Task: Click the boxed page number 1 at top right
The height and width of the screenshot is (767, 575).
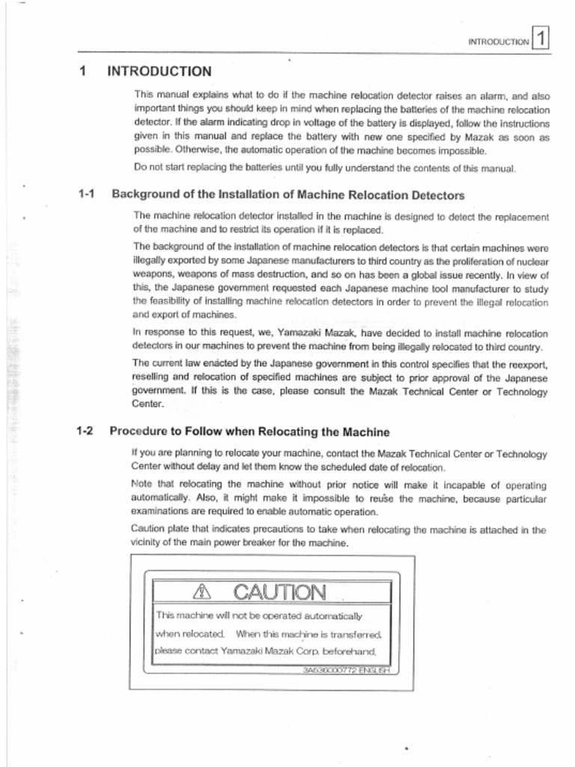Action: [x=541, y=38]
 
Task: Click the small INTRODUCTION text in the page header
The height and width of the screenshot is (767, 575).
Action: [x=498, y=42]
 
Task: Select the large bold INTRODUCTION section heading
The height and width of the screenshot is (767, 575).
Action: [x=159, y=72]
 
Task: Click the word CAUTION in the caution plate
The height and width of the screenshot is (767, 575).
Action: [x=279, y=593]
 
